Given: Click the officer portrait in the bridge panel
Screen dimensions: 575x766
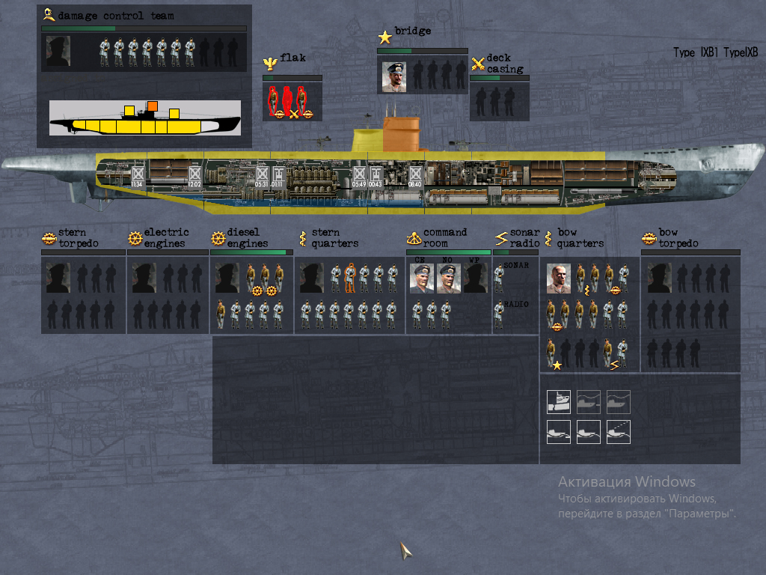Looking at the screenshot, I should pos(393,76).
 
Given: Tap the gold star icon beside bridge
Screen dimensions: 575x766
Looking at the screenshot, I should pos(384,37).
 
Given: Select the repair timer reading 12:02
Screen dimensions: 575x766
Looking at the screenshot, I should pos(194,178).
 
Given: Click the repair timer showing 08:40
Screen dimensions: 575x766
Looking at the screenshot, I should pos(415,177).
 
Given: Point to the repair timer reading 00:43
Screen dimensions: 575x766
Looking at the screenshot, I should pos(376,178).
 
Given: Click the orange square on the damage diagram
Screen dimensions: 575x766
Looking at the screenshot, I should pos(153,106).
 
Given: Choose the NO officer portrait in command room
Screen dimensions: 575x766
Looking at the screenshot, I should pos(448,279).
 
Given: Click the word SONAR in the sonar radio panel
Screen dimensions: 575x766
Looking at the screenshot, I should pos(516,266).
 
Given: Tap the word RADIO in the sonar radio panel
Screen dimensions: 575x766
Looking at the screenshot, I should pos(516,304).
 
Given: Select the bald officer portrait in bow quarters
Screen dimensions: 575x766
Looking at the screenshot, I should pos(558,278).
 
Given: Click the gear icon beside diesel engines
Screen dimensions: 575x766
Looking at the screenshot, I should pos(218,238).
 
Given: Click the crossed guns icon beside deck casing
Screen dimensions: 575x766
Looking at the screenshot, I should pos(478,64).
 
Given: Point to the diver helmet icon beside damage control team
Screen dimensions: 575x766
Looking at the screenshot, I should pos(49,13).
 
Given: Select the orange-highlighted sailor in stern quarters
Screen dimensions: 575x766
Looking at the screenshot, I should pos(349,278).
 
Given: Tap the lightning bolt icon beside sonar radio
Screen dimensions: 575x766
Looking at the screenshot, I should pos(501,238).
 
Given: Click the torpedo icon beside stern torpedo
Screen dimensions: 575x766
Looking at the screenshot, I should pos(49,238).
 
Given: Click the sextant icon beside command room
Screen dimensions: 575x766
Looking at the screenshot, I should pos(414,238).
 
